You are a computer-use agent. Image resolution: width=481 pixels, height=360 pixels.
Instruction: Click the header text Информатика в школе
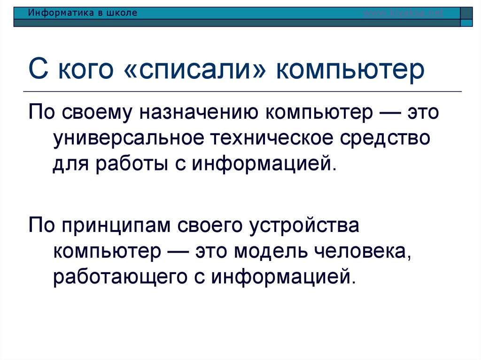coord(83,13)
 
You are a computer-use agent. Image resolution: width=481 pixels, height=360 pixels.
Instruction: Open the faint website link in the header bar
coord(403,13)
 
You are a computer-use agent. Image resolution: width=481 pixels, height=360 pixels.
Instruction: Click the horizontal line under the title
coord(244,91)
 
